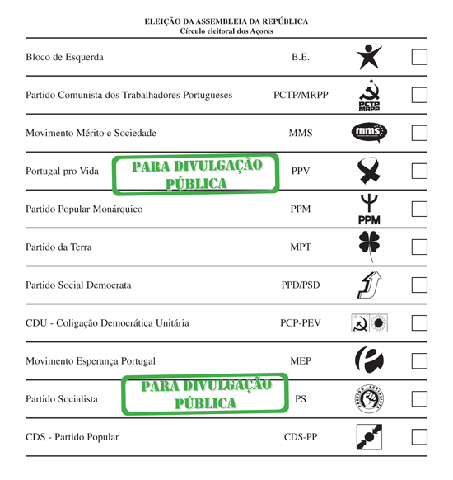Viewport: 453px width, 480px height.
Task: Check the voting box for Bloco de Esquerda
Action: click(x=419, y=58)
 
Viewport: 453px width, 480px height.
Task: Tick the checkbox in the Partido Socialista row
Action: click(x=419, y=399)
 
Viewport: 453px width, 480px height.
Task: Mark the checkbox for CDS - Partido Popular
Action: click(x=419, y=437)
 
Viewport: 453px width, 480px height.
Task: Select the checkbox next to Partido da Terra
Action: click(x=419, y=247)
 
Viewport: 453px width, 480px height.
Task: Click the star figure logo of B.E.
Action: click(x=369, y=57)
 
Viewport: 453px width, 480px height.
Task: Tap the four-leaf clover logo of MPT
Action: click(x=369, y=246)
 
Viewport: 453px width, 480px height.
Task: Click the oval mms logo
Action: click(x=369, y=133)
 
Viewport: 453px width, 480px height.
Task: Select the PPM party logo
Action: click(x=369, y=209)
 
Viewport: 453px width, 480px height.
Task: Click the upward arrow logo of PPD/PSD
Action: click(x=368, y=285)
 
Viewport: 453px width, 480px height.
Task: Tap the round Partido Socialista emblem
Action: click(x=369, y=399)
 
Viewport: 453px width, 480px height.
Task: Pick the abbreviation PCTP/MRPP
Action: click(x=301, y=95)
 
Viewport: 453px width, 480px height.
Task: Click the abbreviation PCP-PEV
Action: click(x=301, y=323)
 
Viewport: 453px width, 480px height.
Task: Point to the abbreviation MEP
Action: click(x=301, y=361)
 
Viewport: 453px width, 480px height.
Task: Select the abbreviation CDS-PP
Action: click(x=301, y=437)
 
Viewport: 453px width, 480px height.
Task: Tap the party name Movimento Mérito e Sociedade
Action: click(x=91, y=133)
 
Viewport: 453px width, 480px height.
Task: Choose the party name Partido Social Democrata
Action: click(x=78, y=285)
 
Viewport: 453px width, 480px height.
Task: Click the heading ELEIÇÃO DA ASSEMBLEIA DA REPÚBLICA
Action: click(x=226, y=21)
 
